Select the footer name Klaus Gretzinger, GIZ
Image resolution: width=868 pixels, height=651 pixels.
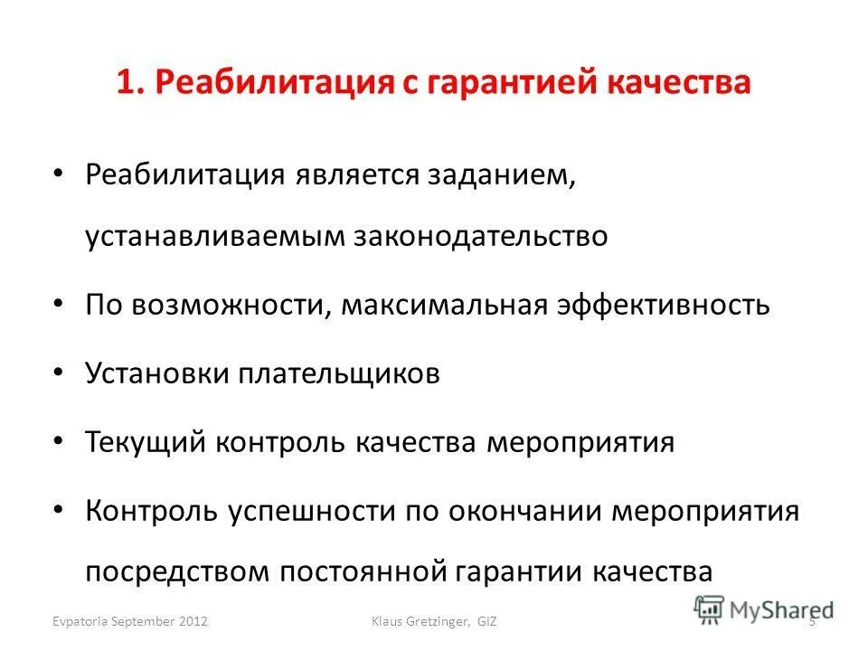point(436,621)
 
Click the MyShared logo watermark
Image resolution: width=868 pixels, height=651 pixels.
point(764,609)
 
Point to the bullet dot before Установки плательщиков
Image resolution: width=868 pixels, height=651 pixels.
point(59,373)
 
